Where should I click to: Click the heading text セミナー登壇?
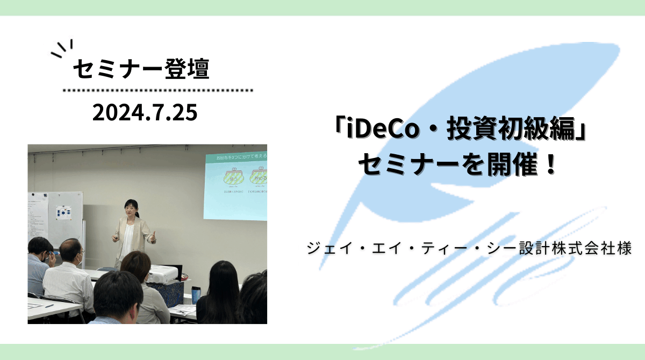tap(140, 69)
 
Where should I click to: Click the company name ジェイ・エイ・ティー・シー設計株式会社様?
tap(468, 249)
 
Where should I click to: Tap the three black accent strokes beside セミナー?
tap(62, 48)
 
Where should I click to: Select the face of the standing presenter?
tap(130, 207)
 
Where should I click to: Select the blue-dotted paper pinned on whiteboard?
tap(64, 212)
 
